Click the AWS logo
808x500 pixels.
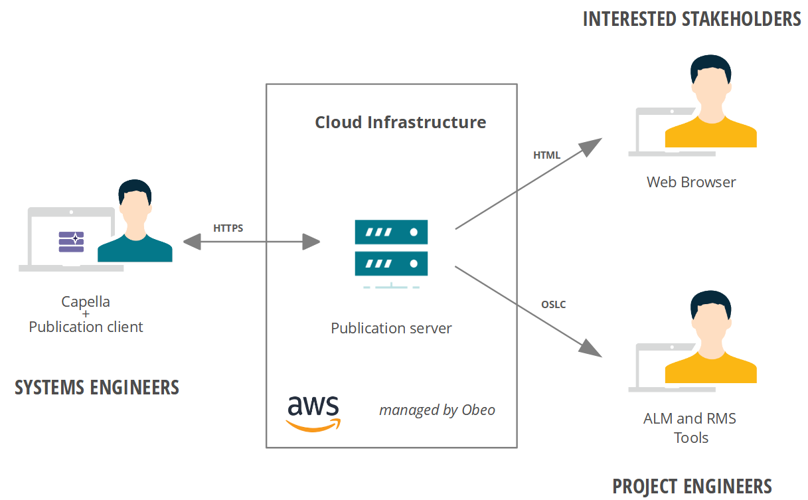coord(313,413)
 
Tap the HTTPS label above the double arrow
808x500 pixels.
coord(228,228)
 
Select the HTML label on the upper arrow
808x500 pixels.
coord(546,155)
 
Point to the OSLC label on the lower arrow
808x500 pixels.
coord(553,305)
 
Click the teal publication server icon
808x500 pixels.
coord(391,248)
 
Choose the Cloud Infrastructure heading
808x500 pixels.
coord(400,122)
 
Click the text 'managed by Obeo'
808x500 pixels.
coord(437,410)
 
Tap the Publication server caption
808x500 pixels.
coord(391,328)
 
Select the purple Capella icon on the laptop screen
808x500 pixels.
coord(71,242)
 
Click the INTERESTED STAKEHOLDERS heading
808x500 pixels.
coord(691,19)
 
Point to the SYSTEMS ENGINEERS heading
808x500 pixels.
coord(97,387)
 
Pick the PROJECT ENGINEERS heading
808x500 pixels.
coord(692,486)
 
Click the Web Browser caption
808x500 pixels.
coord(691,182)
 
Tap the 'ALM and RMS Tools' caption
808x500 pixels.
coord(690,428)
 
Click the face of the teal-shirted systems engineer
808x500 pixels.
coord(135,212)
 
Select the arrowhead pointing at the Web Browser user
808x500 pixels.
coord(590,145)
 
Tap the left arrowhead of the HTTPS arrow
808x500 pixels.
coord(192,242)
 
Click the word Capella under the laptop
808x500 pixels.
coord(86,301)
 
